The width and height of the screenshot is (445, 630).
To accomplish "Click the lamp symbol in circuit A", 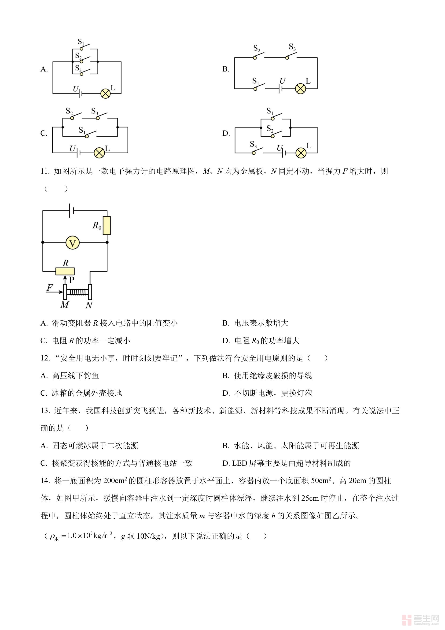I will click(x=106, y=94).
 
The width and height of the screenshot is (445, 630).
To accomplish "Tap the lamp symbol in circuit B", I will click(x=300, y=89).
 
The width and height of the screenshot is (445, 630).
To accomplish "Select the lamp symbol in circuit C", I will click(x=99, y=153).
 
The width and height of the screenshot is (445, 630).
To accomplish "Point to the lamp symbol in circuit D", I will click(x=301, y=153).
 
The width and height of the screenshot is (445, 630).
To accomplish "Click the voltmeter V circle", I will click(x=73, y=243).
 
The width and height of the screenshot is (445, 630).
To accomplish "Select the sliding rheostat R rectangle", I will click(x=65, y=271).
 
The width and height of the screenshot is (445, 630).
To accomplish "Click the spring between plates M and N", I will click(x=77, y=292).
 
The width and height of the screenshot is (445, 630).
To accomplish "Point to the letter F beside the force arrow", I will click(x=50, y=288).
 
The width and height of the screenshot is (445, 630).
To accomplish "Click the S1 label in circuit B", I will click(x=256, y=81).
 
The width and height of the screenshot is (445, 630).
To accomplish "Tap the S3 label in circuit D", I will click(x=253, y=145).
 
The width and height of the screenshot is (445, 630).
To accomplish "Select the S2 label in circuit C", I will click(x=69, y=111).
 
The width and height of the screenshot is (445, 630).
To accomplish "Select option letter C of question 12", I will click(x=44, y=393).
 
